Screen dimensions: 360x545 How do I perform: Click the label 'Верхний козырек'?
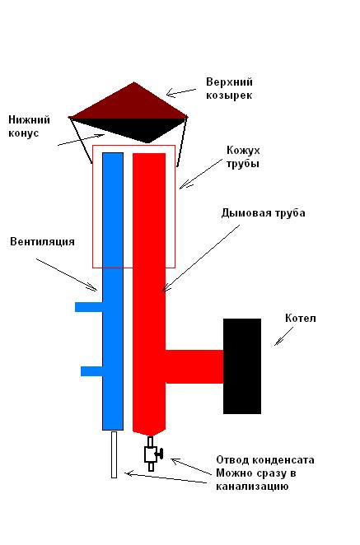tap(229, 89)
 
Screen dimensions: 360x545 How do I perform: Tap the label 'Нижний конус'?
tap(29, 127)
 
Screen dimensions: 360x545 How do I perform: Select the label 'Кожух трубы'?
tap(243, 156)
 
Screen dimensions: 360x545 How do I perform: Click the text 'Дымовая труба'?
tap(264, 212)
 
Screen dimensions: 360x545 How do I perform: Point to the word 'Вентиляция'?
tap(43, 241)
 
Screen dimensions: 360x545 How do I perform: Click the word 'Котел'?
tap(301, 319)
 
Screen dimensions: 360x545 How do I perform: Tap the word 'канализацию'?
tap(252, 486)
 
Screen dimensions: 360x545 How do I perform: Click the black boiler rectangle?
tap(242, 366)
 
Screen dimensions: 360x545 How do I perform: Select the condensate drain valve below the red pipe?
tap(152, 454)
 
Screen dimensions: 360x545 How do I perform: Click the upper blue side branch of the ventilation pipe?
tap(89, 307)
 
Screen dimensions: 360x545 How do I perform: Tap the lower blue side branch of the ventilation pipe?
tap(91, 371)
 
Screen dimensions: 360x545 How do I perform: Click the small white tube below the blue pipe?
tap(114, 454)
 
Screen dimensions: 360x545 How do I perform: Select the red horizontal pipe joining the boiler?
tap(194, 366)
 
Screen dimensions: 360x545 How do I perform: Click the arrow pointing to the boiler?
tap(284, 336)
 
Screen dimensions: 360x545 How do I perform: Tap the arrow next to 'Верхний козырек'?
tap(181, 92)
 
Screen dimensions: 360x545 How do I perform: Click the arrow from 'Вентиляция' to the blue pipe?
tap(67, 275)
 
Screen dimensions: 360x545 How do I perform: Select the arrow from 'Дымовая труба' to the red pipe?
tap(201, 259)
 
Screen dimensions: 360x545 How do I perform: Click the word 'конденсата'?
tap(283, 460)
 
